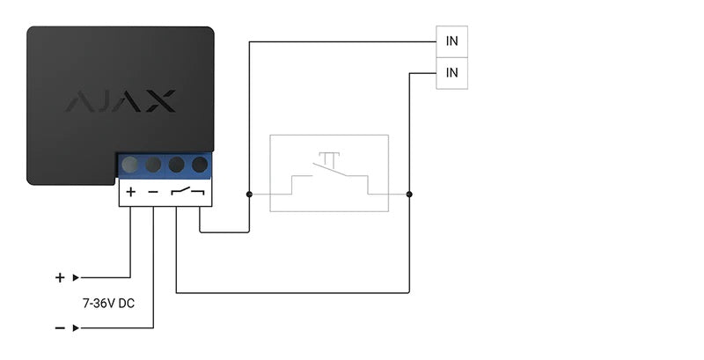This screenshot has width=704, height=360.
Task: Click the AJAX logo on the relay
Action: click(121, 100)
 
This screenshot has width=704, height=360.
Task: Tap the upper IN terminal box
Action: click(451, 40)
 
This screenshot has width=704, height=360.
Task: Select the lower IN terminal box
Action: click(451, 73)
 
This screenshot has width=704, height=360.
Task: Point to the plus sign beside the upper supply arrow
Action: click(60, 277)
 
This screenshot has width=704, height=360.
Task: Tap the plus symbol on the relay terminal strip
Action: click(131, 192)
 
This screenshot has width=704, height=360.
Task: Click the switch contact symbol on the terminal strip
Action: click(188, 192)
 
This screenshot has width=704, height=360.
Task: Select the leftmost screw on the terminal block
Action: click(130, 164)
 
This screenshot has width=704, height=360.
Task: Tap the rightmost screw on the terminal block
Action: click(200, 164)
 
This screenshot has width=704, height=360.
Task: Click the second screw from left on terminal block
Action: click(153, 164)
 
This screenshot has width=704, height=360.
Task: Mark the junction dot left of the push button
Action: click(250, 194)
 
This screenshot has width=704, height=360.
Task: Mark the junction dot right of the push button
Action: click(410, 194)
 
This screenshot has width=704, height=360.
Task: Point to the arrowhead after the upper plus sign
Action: click(77, 277)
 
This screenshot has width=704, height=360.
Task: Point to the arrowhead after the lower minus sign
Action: click(77, 328)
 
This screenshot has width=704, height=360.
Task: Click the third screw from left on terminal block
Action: click(176, 164)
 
